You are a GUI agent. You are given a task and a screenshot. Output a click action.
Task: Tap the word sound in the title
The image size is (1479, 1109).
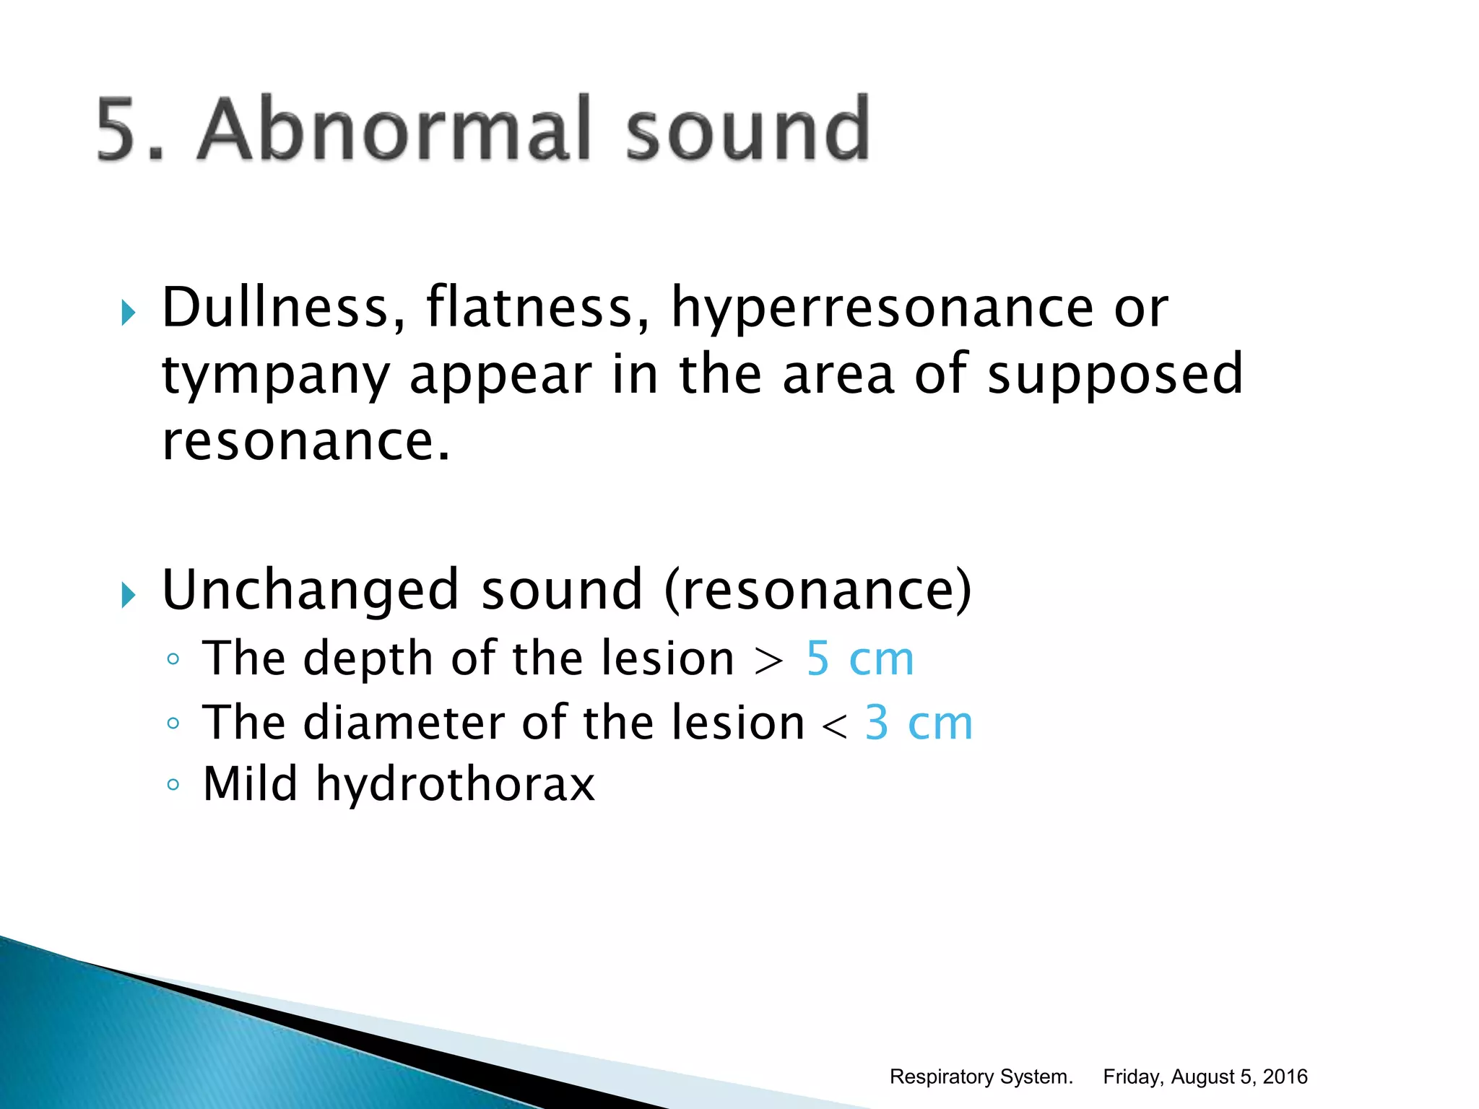coord(747,129)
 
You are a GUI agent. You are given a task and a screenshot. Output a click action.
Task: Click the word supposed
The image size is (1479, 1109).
coord(1115,375)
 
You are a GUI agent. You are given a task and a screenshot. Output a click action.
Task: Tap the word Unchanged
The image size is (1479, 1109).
coord(311,589)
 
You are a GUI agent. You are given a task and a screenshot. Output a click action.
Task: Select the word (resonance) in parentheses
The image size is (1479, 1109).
coord(817,591)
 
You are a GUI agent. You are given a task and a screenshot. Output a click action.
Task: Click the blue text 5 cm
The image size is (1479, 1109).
coord(859,658)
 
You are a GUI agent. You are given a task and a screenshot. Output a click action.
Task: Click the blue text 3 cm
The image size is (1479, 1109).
coord(919,722)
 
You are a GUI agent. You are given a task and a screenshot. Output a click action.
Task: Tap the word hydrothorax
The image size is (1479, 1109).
coord(455,785)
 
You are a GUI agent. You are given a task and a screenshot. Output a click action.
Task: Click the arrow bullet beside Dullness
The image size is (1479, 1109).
coord(128,313)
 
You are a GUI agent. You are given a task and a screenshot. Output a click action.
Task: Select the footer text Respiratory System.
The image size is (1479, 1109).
coord(981,1077)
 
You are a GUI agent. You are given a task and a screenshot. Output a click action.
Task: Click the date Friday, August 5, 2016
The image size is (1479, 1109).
coord(1205,1077)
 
